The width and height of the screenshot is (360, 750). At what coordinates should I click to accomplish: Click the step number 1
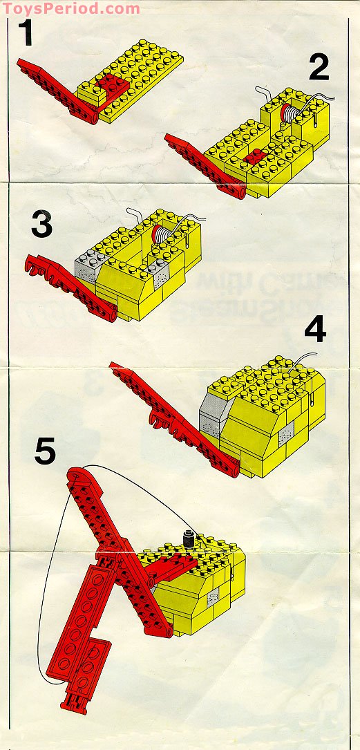(x=26, y=34)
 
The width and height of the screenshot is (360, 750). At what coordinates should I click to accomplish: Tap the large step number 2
(x=319, y=68)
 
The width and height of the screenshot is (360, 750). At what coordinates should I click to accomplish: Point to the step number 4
(x=315, y=330)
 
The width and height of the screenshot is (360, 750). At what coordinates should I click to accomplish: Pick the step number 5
(x=45, y=452)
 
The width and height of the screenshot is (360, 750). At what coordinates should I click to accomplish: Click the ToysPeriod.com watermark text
(x=70, y=8)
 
